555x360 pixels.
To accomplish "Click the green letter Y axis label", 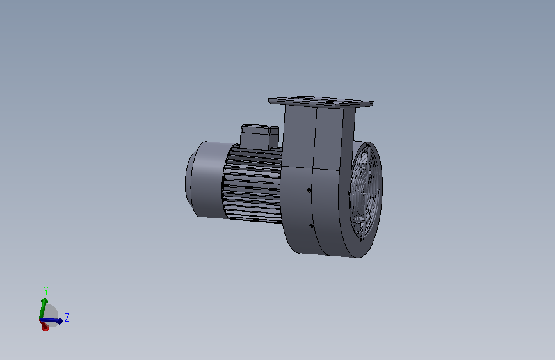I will [x=46, y=291].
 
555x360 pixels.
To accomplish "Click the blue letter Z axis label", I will [x=67, y=317].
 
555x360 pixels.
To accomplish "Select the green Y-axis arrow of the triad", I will [x=44, y=306].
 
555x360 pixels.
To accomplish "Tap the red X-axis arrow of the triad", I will [x=45, y=327].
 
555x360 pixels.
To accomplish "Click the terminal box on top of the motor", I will [x=259, y=136].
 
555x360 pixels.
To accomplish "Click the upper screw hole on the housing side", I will [x=310, y=190].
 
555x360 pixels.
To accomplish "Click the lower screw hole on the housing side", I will [x=311, y=225].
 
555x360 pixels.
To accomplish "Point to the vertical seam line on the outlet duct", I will [x=316, y=138].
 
